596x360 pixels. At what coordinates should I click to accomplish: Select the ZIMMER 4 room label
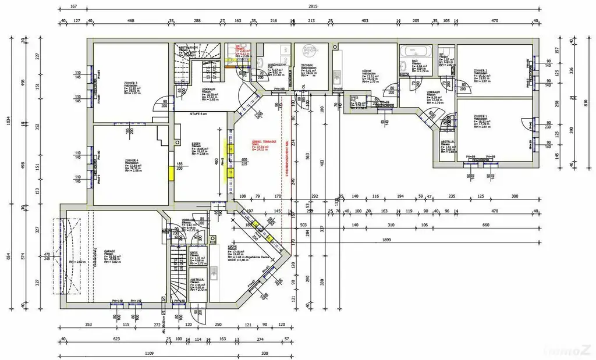point(131,159)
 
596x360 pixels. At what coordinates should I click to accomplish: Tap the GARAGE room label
point(109,252)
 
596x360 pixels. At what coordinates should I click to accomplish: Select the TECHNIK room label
point(307,66)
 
